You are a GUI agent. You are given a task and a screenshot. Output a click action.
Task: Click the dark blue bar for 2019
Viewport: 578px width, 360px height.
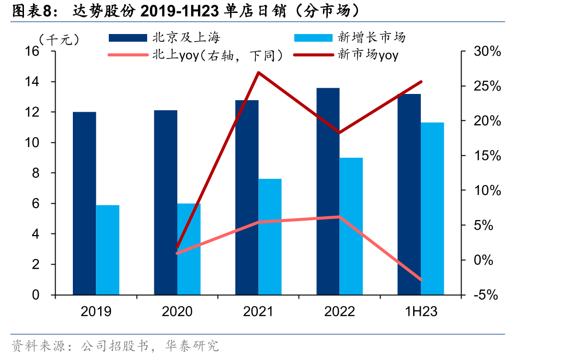(x=84, y=203)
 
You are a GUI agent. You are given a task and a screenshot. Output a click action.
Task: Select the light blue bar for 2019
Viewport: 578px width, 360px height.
(x=108, y=250)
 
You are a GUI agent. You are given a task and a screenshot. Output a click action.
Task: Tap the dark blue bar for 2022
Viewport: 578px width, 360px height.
(x=328, y=191)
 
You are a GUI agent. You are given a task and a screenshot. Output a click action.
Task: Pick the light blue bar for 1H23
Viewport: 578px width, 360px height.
(x=432, y=209)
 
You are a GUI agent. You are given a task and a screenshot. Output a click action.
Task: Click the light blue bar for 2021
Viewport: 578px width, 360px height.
(x=270, y=237)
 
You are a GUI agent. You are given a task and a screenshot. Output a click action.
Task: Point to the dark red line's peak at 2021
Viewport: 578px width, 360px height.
(x=258, y=72)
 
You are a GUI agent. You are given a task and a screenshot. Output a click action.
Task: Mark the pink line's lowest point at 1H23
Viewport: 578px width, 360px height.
(x=421, y=279)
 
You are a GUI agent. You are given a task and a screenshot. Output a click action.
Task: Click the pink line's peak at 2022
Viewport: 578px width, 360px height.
(x=339, y=217)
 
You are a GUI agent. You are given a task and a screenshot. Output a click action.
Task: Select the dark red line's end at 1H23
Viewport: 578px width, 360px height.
(x=421, y=82)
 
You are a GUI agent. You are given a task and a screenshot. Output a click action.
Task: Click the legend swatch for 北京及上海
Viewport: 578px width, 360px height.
(x=128, y=38)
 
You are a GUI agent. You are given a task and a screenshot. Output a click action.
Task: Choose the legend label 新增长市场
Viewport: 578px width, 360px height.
(x=371, y=37)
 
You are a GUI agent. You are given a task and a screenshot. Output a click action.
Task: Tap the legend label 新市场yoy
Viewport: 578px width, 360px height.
(x=368, y=55)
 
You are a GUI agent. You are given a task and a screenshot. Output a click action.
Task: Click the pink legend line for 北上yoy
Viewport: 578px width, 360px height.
(x=128, y=55)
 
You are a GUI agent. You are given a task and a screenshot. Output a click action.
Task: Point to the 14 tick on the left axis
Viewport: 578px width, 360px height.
(x=32, y=82)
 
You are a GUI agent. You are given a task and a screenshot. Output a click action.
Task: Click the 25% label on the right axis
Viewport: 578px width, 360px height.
(x=487, y=86)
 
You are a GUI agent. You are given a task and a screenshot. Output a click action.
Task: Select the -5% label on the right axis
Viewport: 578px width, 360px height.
(x=486, y=295)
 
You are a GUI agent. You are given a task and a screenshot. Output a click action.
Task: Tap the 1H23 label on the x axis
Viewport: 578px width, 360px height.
(x=421, y=311)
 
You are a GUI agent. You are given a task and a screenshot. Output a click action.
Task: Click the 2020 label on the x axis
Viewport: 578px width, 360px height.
(x=177, y=311)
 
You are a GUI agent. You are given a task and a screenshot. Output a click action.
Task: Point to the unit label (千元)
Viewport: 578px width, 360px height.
(x=59, y=40)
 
